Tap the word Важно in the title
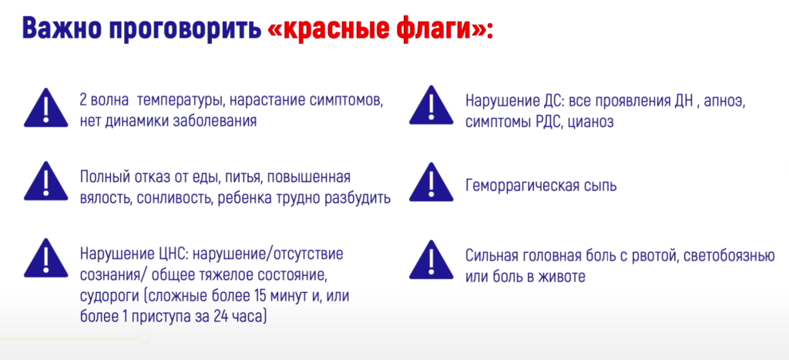coord(60,29)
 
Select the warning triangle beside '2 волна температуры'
coord(46,107)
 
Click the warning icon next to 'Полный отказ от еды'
coord(46,182)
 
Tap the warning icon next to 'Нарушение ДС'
coord(431,106)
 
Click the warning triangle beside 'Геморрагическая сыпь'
coord(431,182)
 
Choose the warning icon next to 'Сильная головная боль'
coord(431,260)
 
